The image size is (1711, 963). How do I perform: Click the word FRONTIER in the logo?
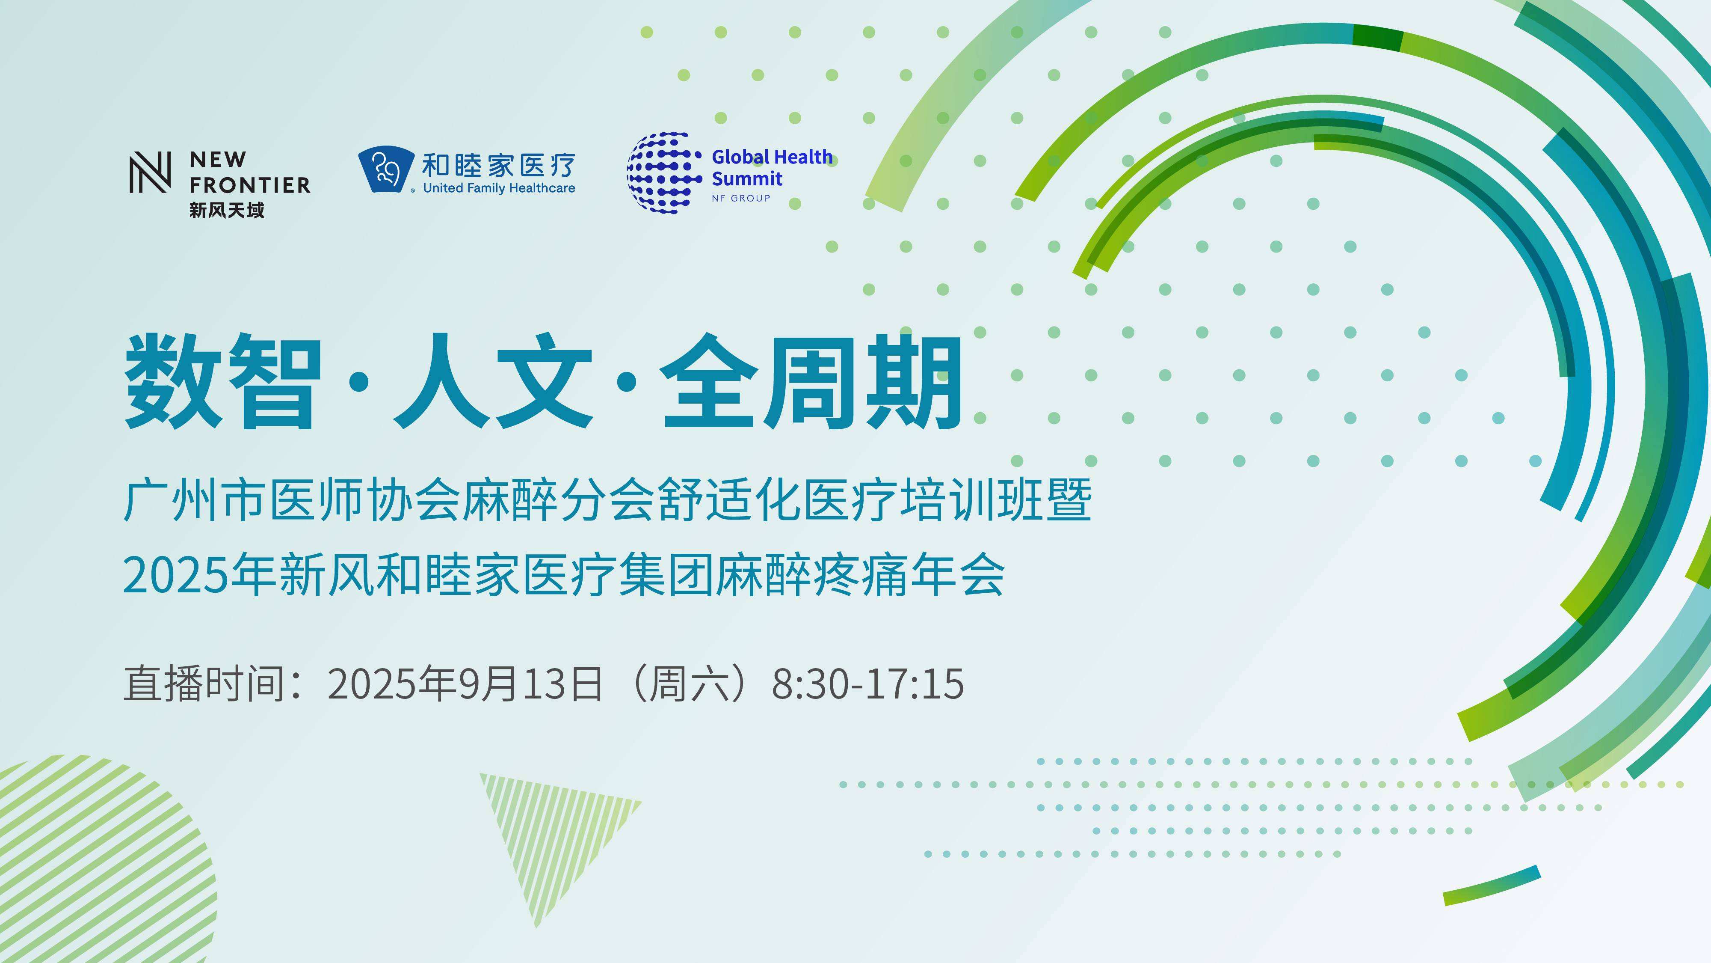(x=250, y=185)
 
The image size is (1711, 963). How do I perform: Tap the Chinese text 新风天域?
(x=227, y=211)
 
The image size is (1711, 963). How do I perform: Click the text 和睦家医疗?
(x=499, y=164)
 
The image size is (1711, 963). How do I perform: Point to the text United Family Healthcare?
(x=499, y=188)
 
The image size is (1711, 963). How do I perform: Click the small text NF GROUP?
(x=740, y=198)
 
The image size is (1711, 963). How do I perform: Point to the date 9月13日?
(x=531, y=683)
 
